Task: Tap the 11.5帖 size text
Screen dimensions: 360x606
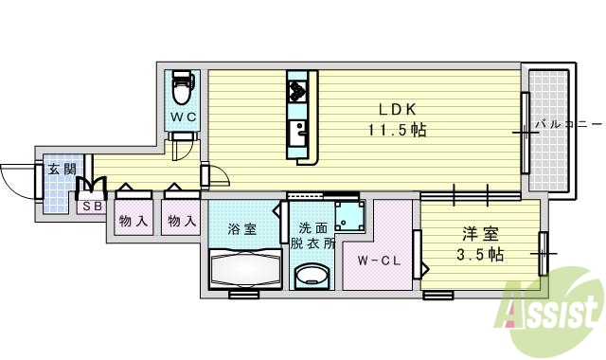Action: click(x=399, y=129)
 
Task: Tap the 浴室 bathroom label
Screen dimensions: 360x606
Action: click(x=243, y=228)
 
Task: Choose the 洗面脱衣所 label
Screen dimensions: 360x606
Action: click(x=312, y=235)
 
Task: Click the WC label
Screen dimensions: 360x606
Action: click(x=182, y=117)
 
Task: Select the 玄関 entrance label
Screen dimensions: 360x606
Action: click(x=62, y=170)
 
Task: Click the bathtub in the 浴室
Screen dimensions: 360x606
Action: click(x=244, y=269)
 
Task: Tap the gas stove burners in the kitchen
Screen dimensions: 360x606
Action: click(x=297, y=92)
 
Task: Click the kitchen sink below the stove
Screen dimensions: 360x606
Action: click(x=297, y=129)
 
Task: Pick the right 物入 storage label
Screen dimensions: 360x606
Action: click(x=182, y=222)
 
